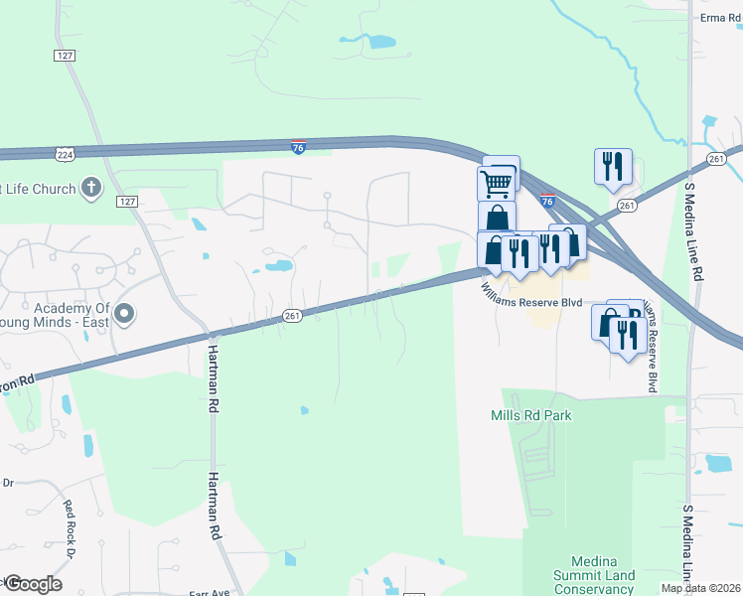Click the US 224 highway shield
65,154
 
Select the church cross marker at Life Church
90,187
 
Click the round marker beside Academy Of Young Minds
124,315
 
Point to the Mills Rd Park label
531,416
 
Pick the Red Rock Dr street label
75,518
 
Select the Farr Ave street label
210,592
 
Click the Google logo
32,584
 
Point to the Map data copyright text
700,588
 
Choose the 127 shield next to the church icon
126,202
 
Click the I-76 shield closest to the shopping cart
547,200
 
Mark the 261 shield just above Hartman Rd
292,316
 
